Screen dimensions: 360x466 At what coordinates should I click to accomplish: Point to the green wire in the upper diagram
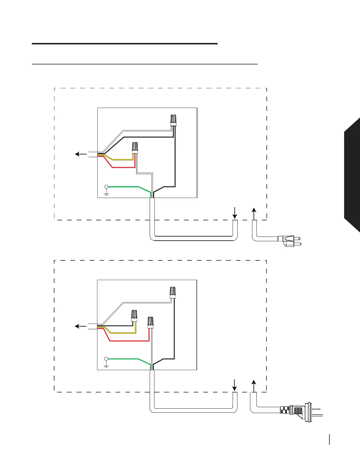pos(126,187)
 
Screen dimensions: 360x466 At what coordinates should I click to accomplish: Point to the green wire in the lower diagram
pos(126,359)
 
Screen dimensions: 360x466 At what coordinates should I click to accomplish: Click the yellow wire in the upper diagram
pos(121,159)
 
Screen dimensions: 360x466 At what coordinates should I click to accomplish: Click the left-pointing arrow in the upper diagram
pos(81,154)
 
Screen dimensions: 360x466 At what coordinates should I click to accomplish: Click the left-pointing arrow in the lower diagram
pos(81,326)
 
